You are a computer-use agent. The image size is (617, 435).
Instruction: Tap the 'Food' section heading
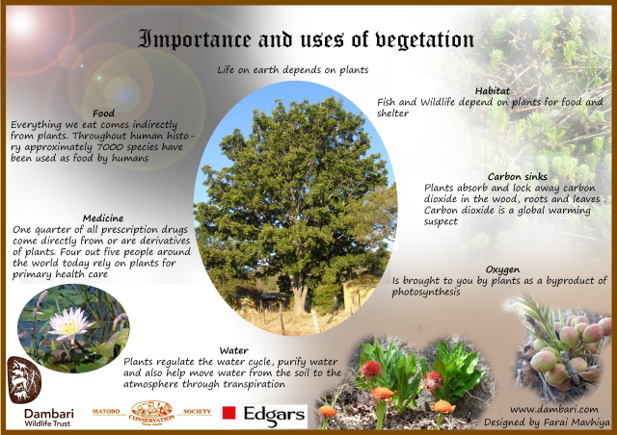coord(103,114)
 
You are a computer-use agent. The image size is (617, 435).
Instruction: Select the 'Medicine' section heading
coord(103,218)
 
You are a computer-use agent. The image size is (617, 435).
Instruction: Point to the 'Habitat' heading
coord(493,90)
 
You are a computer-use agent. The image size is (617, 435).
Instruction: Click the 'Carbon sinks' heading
coord(518,176)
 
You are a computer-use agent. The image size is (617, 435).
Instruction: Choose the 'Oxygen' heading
coord(502,270)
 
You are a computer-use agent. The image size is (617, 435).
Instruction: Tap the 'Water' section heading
coord(233,350)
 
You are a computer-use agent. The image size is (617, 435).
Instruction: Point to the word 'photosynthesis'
coord(426,293)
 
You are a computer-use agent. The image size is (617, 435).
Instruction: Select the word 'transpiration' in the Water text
coord(254,384)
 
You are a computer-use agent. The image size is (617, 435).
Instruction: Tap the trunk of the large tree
coord(299,293)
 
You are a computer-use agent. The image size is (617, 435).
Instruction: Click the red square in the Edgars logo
coord(228,413)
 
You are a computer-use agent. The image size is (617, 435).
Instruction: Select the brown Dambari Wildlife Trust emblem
coord(24,380)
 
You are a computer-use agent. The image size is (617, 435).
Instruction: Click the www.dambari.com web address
coord(554,409)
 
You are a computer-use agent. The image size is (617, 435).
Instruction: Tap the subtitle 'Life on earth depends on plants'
coord(293,70)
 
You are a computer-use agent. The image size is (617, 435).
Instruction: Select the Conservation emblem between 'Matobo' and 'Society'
coord(151,413)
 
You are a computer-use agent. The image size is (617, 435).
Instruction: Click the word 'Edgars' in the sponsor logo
coord(274,416)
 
